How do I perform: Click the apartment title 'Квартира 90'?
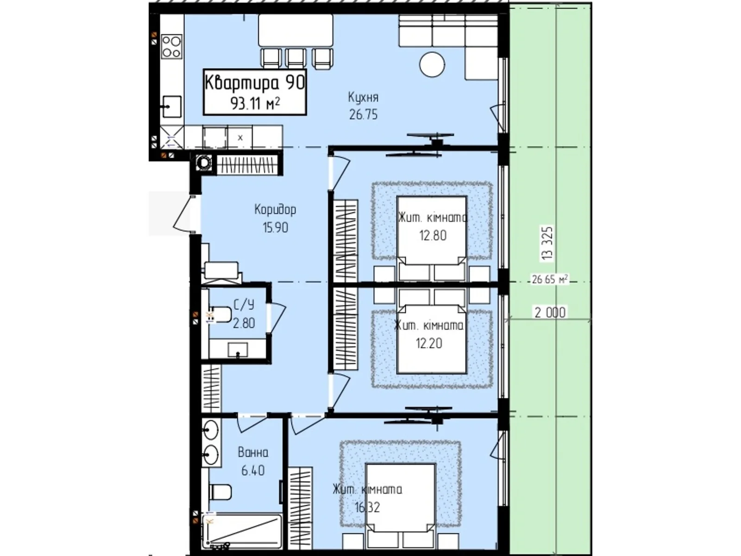click(x=255, y=83)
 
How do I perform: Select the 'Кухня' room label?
click(x=363, y=98)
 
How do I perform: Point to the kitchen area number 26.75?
click(x=363, y=115)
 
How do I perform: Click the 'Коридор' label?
click(x=275, y=209)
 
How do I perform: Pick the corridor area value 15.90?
click(x=276, y=227)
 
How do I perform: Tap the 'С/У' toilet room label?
click(x=244, y=305)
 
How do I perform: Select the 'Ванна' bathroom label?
click(x=253, y=452)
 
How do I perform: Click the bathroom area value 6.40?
click(x=253, y=470)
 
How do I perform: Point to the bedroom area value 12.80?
click(x=433, y=235)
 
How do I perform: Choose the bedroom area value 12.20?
click(x=429, y=343)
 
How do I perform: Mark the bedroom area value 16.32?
click(x=367, y=507)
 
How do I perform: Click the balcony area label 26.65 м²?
click(x=550, y=279)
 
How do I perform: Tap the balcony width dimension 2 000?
click(x=550, y=312)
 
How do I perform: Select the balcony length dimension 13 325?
click(x=547, y=243)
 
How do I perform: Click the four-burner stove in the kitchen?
click(x=171, y=47)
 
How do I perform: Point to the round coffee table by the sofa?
click(x=432, y=65)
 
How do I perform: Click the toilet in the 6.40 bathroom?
click(x=220, y=492)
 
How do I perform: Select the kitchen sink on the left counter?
click(x=172, y=107)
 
